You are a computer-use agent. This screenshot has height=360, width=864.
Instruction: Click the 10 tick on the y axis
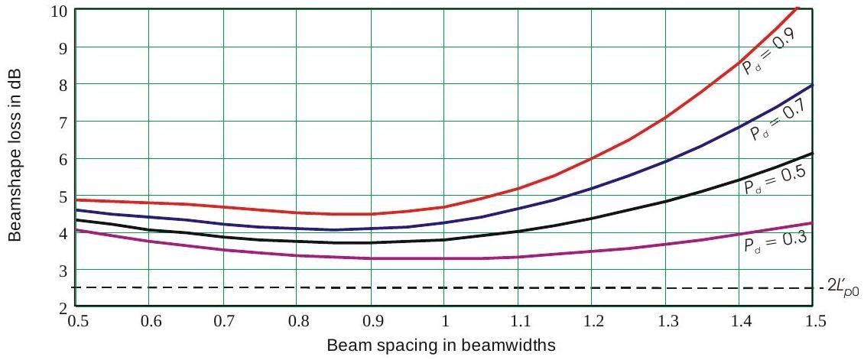click(x=60, y=11)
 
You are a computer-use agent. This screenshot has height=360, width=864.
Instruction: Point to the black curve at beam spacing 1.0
click(x=444, y=239)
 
